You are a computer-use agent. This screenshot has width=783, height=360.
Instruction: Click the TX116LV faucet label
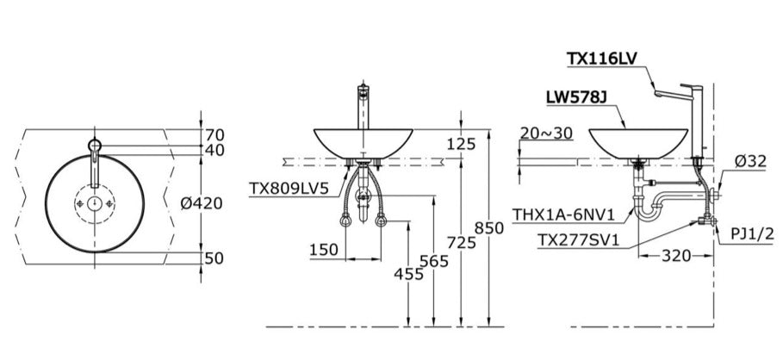point(603,59)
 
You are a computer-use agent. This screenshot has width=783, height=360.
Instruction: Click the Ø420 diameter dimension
point(203,203)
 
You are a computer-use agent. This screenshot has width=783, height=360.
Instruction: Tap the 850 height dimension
point(488,228)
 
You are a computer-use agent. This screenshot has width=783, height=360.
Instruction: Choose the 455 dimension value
point(408,274)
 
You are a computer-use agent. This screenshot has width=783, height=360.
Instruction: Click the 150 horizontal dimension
point(323,249)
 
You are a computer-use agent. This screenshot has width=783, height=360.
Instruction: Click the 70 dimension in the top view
point(214,133)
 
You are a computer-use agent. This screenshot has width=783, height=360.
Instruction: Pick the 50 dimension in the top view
point(214,258)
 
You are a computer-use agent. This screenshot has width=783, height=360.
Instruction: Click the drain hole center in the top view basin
point(94,204)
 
